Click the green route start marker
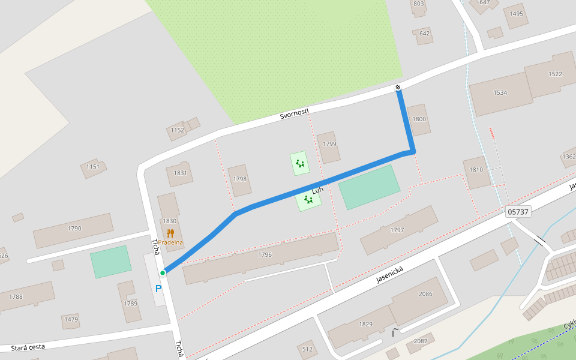coord(163,273)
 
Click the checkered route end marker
coord(398,88)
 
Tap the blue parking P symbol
coord(158,289)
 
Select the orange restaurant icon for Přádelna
coord(170,233)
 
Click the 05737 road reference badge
coord(518,212)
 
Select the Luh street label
coord(317,190)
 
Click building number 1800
coord(419,119)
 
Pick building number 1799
coord(329,144)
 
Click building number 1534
coord(500,93)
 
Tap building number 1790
coord(74,229)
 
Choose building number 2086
coord(425,294)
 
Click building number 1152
coord(178,130)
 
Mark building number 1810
coord(476,170)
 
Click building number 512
coord(307,349)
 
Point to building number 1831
coord(180,173)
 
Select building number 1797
coord(397,230)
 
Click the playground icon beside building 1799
coord(300,163)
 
